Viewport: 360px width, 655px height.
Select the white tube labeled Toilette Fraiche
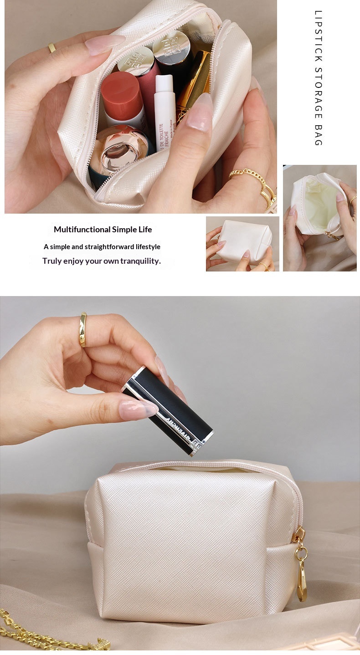165,113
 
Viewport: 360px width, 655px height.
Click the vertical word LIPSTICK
319,36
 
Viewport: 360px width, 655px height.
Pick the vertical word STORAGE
319,93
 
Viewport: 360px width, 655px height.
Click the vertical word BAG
319,135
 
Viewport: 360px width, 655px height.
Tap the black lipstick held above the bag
168,410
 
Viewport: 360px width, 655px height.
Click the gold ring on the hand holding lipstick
83,329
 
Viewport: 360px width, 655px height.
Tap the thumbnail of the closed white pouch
242,244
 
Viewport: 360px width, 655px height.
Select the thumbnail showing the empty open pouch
319,218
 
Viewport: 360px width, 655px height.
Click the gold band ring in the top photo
52,48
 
